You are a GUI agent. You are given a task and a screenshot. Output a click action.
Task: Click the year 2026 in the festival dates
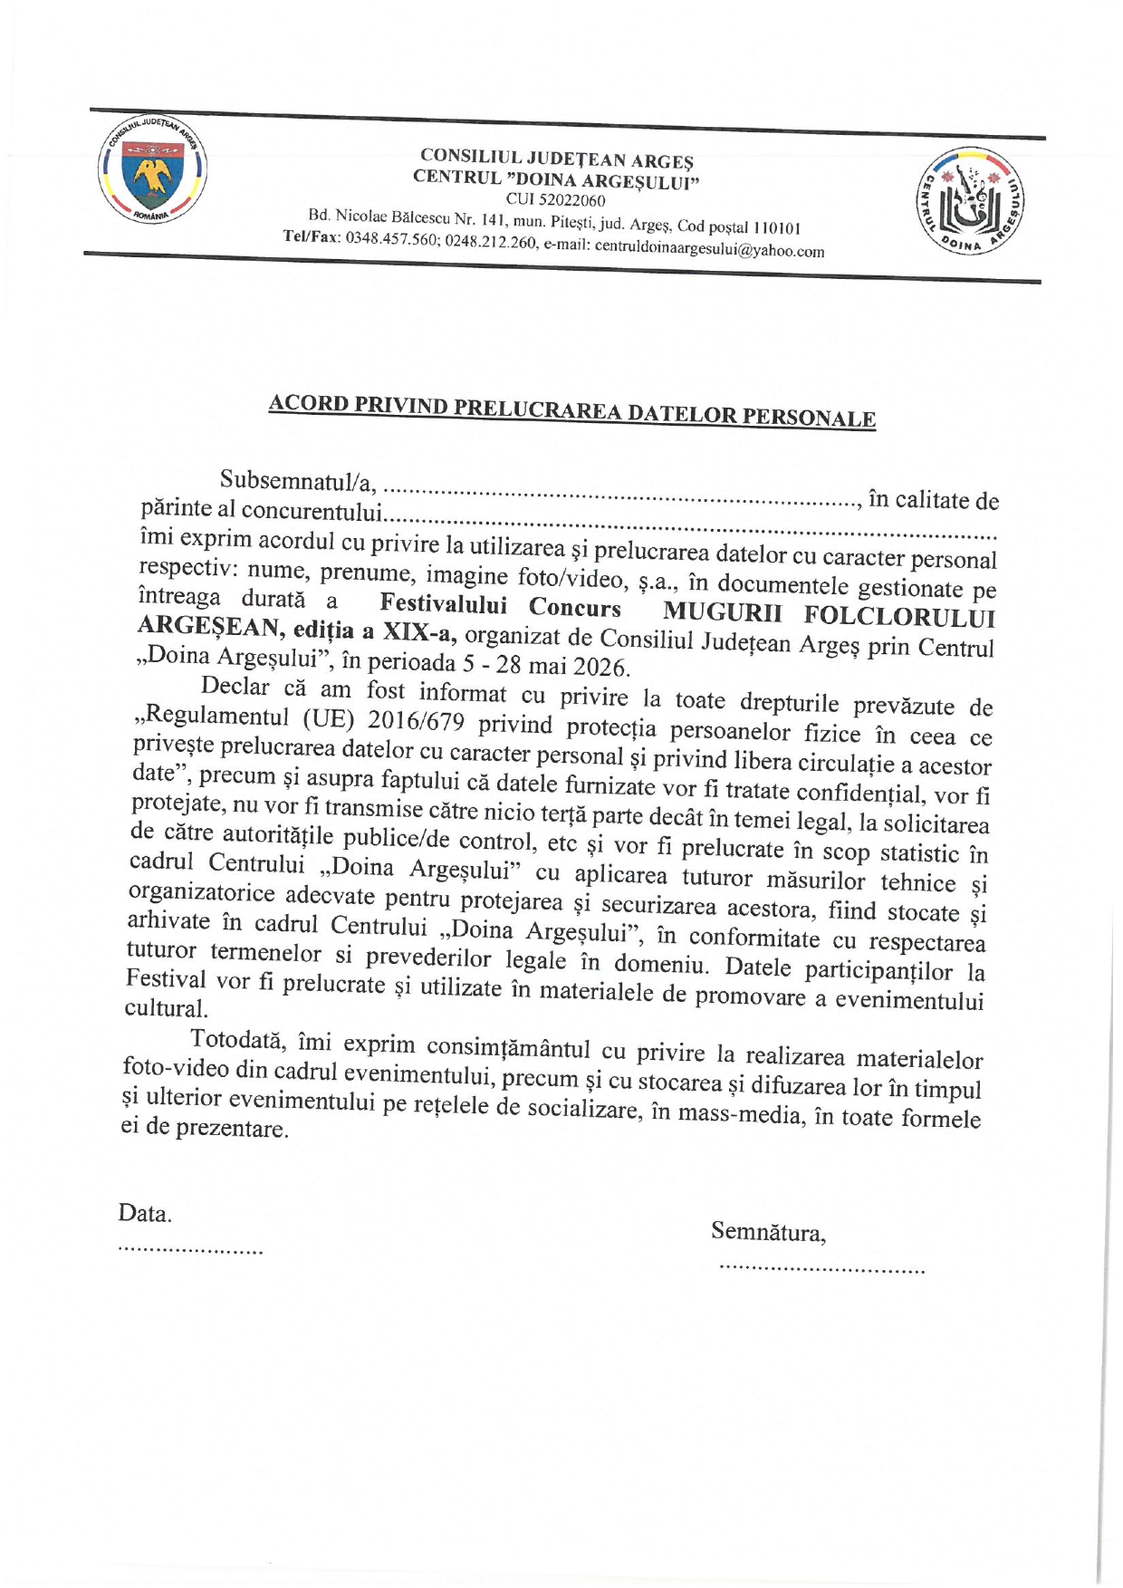click(600, 668)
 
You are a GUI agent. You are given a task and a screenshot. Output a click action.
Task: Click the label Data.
click(145, 1214)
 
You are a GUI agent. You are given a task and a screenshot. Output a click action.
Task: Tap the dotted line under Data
click(190, 1251)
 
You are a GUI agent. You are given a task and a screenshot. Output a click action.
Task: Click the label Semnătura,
click(768, 1232)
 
